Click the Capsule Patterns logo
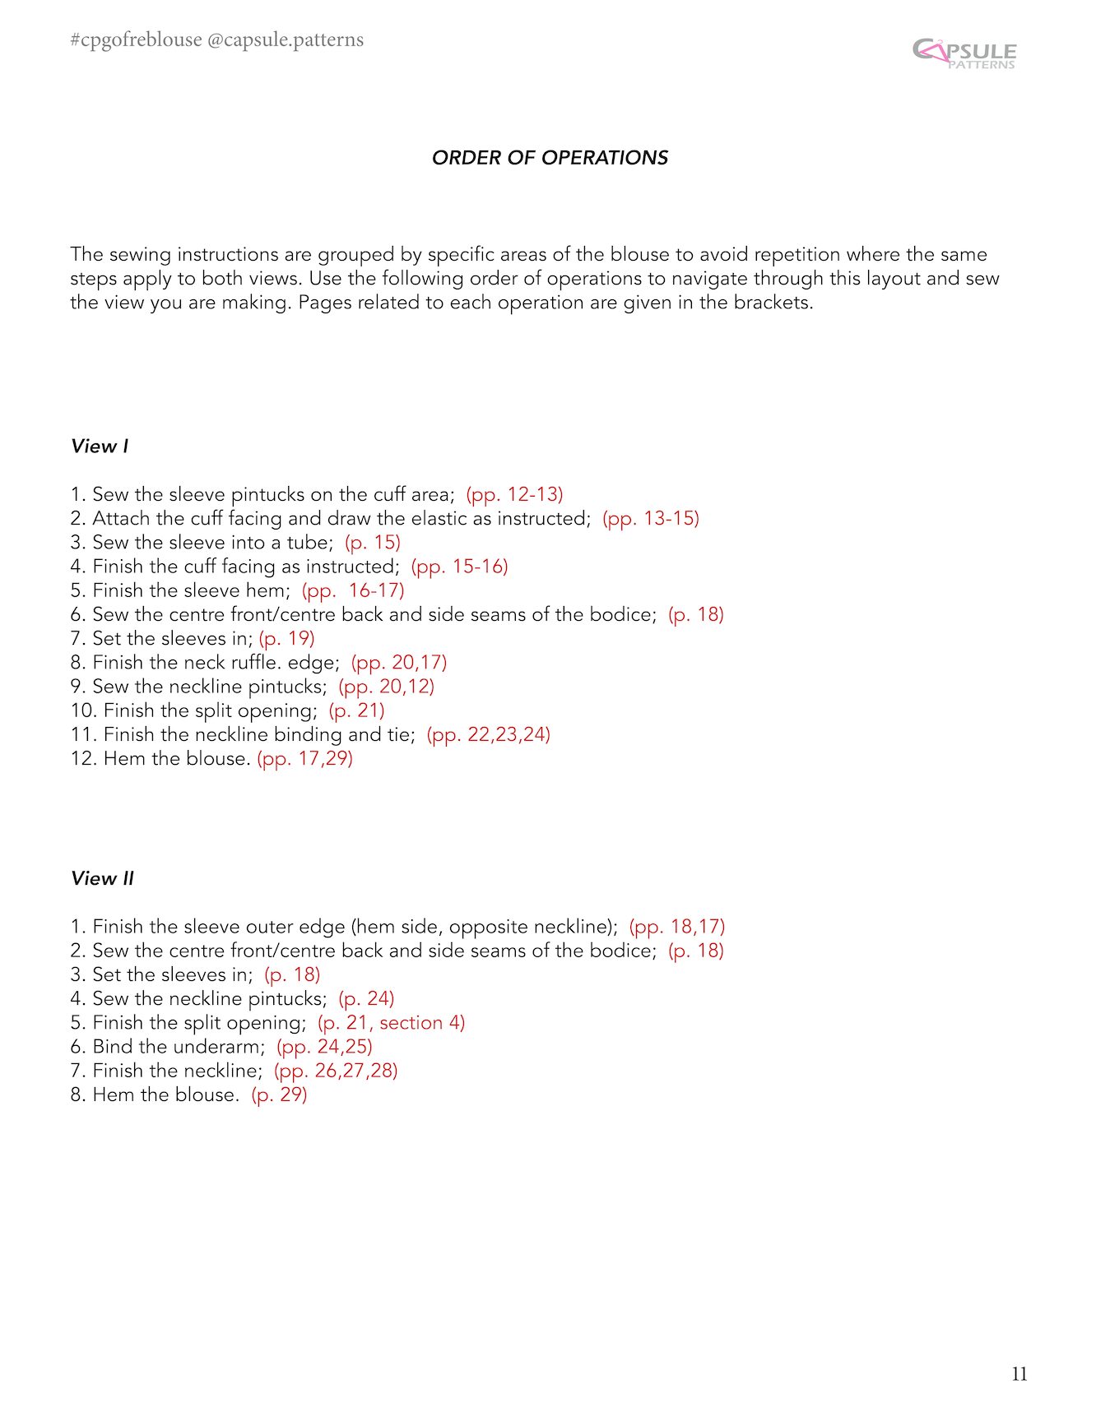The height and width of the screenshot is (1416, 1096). coord(964,53)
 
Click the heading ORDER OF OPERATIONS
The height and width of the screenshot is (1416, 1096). coord(550,158)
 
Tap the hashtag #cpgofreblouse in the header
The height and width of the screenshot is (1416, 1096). coord(136,40)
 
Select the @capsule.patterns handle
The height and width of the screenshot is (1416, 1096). coord(286,40)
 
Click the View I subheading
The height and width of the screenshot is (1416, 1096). coord(100,447)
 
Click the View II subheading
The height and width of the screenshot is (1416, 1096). coord(102,879)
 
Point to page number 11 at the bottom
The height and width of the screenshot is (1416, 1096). coord(1019,1374)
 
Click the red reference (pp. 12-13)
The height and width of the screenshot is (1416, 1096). coord(514,495)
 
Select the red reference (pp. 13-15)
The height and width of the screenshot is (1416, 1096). coord(650,519)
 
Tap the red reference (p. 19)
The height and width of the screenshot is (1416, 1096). coord(286,639)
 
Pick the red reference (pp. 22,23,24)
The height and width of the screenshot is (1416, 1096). coord(488,735)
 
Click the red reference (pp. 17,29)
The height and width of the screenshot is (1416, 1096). coord(304,759)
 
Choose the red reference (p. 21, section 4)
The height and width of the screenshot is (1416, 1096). coord(391,1023)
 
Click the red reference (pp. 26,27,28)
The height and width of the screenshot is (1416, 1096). coord(336,1071)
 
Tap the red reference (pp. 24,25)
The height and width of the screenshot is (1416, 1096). coord(324,1047)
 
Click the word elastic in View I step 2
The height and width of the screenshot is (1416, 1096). coord(434,519)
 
